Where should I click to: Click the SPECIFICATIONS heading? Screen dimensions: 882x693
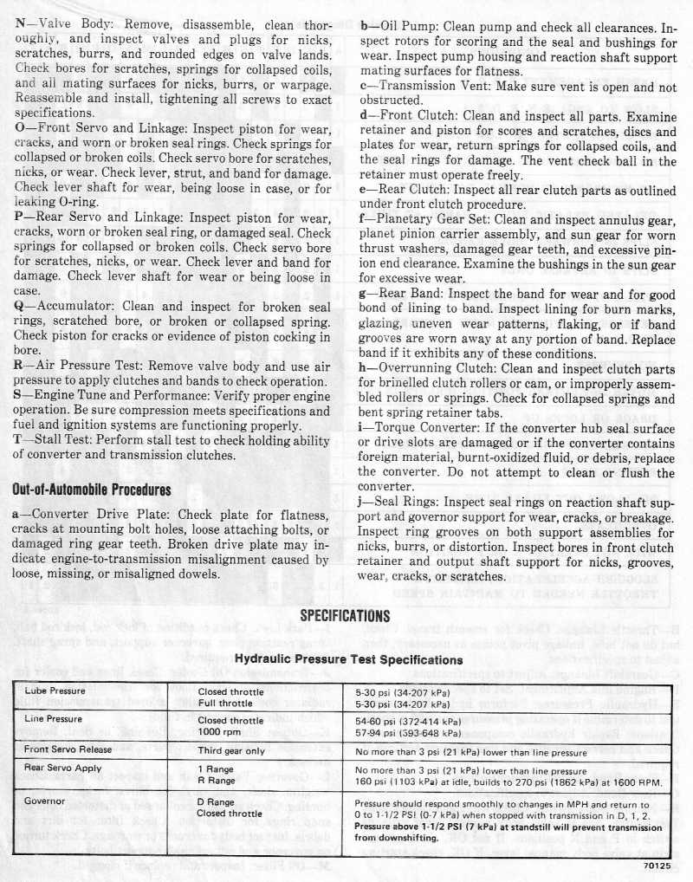(x=346, y=616)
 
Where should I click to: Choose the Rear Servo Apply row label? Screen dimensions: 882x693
(x=63, y=769)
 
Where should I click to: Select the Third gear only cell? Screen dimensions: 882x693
(x=231, y=750)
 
